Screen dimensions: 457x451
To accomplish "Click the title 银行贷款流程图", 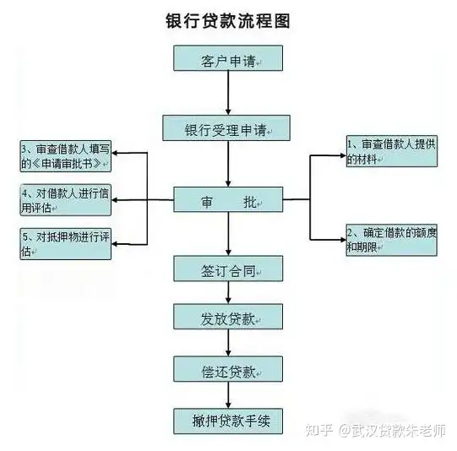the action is click(228, 21).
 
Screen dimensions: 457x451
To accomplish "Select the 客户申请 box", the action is click(228, 58).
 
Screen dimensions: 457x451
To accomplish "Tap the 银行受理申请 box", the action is click(226, 128).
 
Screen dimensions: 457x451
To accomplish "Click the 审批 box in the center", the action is click(228, 199).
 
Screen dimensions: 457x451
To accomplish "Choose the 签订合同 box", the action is click(228, 269).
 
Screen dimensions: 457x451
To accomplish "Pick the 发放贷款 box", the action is click(228, 317).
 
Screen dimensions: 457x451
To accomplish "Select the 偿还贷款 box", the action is click(228, 369).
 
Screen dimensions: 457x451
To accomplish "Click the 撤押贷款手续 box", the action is click(228, 421).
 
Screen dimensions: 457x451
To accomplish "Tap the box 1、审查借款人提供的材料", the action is click(392, 151).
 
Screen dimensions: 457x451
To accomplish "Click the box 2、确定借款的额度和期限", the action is click(392, 240).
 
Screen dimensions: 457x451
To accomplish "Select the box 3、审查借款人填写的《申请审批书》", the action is click(66, 156).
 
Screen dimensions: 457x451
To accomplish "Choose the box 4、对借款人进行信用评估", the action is click(66, 200).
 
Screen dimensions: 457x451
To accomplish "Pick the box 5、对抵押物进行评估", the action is click(66, 244).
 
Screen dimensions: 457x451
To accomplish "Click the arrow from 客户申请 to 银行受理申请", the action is click(228, 93).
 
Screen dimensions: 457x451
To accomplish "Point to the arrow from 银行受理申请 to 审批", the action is click(228, 164).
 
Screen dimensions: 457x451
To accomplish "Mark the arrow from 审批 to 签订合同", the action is click(228, 234).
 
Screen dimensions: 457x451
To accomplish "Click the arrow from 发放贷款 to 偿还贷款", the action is click(228, 343).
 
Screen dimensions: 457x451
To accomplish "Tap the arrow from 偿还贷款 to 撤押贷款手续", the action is click(228, 395).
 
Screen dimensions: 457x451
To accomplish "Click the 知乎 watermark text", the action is click(319, 430).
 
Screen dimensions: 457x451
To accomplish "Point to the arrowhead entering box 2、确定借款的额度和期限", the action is click(343, 240).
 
